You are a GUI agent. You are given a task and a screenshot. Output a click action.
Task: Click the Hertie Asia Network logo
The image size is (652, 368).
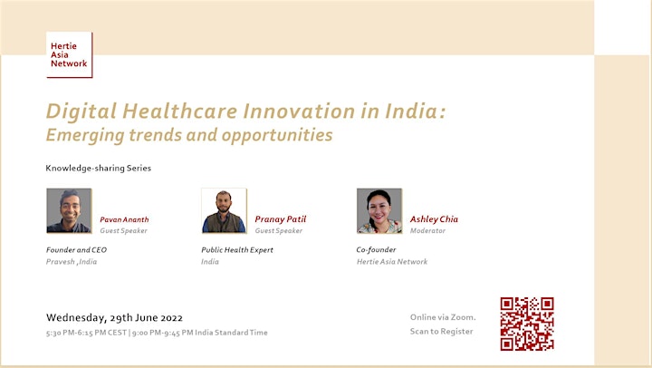pos(69,54)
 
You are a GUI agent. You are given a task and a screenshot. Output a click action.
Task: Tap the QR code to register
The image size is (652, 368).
pos(527,324)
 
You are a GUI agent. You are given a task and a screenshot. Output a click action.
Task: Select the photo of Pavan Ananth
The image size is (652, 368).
pos(69,210)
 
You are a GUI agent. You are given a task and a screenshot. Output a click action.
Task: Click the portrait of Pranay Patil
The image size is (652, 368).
pos(225,210)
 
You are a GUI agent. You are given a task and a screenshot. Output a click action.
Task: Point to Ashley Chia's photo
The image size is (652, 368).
pos(379,210)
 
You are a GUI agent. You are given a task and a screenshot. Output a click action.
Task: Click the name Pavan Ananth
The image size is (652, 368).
pos(124,219)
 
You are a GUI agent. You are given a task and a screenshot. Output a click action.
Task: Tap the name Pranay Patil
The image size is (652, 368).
pos(280,219)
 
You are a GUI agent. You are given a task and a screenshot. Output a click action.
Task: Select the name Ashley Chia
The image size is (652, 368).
pos(434,219)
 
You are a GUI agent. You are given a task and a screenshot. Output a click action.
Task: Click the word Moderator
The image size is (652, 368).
pos(427,230)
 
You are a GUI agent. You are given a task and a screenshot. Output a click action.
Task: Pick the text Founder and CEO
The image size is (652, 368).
pos(76,250)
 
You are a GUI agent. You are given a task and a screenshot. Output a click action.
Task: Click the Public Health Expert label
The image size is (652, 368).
pos(237,250)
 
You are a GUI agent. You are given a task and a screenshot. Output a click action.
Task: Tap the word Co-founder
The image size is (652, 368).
pos(376,250)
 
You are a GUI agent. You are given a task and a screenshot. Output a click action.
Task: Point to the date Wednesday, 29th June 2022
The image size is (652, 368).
pos(114,317)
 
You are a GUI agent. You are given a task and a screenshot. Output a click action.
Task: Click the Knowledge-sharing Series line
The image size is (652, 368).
pos(99,169)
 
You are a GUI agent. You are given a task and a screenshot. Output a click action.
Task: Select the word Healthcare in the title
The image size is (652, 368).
pos(179,111)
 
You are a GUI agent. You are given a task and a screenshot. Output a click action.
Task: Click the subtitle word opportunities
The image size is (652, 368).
pos(277,135)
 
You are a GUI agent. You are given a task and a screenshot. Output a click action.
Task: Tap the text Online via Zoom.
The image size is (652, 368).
pos(443,317)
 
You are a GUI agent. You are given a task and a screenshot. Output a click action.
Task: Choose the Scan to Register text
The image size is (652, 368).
pos(442,332)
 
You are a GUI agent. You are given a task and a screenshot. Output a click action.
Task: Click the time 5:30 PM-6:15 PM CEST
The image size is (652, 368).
pos(87,333)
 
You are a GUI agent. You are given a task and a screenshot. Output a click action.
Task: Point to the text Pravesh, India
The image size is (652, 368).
pos(72,262)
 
